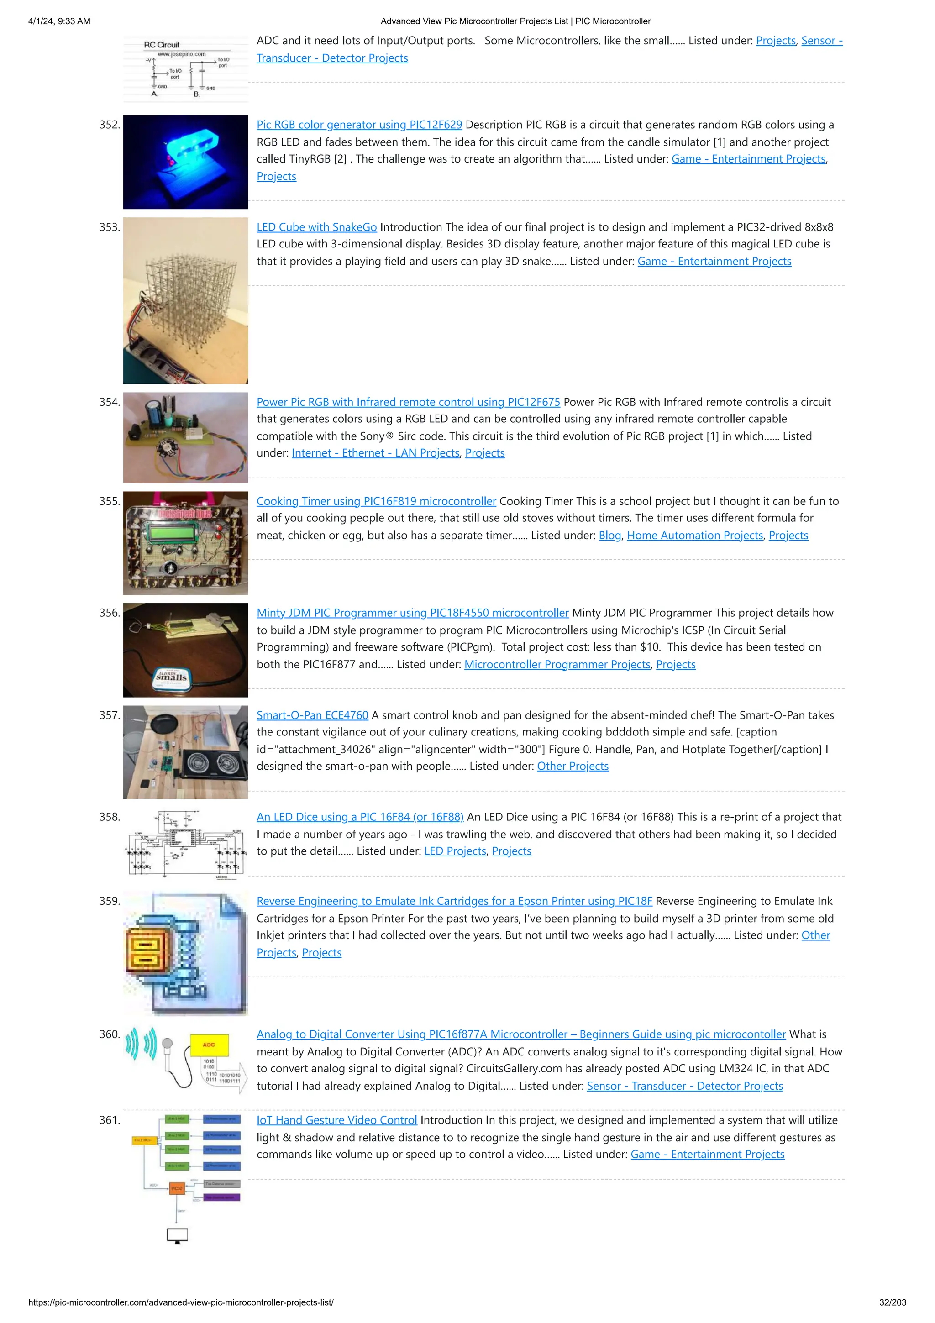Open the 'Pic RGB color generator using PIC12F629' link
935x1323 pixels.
tap(359, 125)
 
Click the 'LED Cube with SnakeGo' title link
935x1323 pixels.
tap(316, 227)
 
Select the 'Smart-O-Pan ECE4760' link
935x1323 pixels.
tap(312, 715)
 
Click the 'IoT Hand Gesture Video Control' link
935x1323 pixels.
tap(336, 1120)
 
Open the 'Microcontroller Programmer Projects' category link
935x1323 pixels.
tap(557, 664)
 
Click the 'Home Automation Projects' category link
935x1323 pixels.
tap(695, 535)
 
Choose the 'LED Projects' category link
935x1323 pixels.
tap(455, 851)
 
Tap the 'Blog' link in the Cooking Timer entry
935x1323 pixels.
tap(609, 535)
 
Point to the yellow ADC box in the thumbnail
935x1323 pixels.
tap(209, 1045)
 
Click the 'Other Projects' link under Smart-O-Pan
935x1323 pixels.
tap(573, 766)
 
